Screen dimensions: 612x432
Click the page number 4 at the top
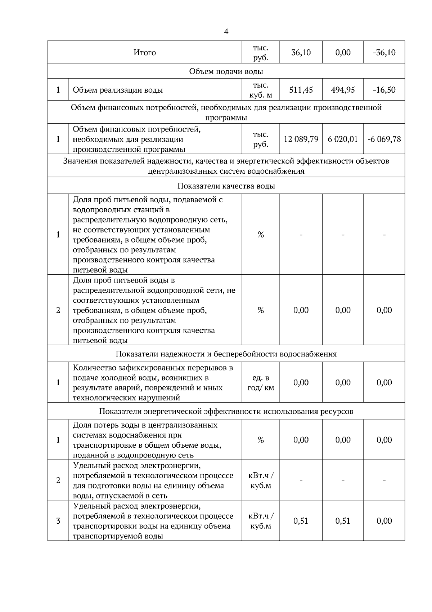pyautogui.click(x=226, y=32)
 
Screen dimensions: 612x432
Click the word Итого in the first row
pyautogui.click(x=145, y=53)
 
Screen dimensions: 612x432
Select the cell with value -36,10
pyautogui.click(x=384, y=53)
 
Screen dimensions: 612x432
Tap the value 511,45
pyautogui.click(x=301, y=90)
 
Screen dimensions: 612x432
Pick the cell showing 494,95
pyautogui.click(x=343, y=90)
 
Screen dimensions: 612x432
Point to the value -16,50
pyautogui.click(x=384, y=90)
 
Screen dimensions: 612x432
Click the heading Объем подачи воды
pyautogui.click(x=226, y=71)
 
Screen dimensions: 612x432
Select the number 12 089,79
pyautogui.click(x=301, y=139)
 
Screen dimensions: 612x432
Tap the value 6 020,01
pyautogui.click(x=343, y=139)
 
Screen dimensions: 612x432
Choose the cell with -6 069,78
pyautogui.click(x=384, y=139)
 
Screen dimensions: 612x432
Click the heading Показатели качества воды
pyautogui.click(x=226, y=186)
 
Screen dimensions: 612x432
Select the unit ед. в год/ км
pyautogui.click(x=261, y=383)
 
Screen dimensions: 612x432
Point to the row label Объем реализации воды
pyautogui.click(x=118, y=90)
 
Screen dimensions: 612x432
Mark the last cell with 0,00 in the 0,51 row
pyautogui.click(x=384, y=521)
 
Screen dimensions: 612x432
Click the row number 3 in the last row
pyautogui.click(x=58, y=521)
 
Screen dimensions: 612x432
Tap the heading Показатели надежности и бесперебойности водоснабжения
pyautogui.click(x=226, y=354)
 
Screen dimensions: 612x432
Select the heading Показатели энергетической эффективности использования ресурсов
pyautogui.click(x=226, y=411)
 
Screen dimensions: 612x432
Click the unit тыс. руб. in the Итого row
pyautogui.click(x=261, y=53)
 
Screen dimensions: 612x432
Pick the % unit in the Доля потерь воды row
pyautogui.click(x=261, y=440)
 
